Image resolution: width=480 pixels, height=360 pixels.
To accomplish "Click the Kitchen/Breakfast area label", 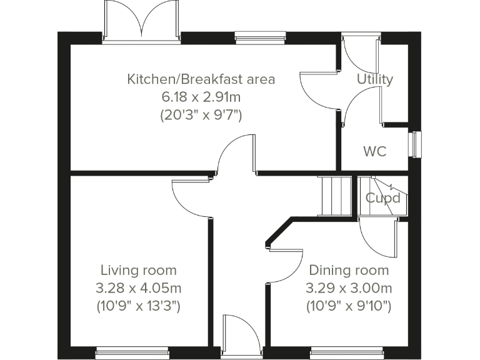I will [201, 79].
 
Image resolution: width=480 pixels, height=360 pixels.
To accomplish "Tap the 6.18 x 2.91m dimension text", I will [201, 97].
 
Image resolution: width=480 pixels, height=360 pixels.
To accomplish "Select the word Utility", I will [374, 79].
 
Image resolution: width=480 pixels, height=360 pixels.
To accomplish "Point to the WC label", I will [374, 151].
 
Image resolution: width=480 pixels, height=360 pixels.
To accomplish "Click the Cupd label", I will [382, 199].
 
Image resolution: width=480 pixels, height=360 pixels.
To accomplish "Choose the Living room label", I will [138, 270].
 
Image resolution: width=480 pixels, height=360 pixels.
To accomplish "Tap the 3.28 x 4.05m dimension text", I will [138, 288].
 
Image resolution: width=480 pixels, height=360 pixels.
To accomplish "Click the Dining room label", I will [349, 270].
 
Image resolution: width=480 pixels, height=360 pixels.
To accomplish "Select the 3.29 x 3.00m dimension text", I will [349, 288].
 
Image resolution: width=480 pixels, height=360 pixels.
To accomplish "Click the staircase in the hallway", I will [336, 196].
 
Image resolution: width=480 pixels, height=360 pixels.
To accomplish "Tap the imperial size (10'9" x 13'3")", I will [138, 306].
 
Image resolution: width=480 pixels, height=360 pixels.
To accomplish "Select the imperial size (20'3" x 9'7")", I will [201, 115].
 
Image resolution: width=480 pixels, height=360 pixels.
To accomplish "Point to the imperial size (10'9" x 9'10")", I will [349, 306].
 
